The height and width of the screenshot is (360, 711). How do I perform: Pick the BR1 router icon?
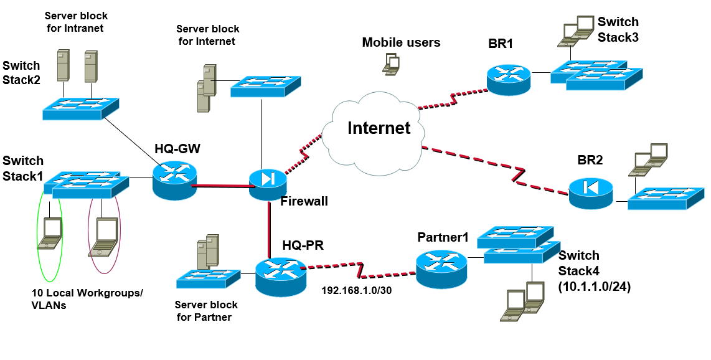pos(508,78)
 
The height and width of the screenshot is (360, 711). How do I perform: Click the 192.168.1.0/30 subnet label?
pos(356,290)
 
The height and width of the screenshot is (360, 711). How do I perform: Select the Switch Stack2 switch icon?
pos(80,108)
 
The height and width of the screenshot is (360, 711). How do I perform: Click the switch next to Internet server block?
pos(265,86)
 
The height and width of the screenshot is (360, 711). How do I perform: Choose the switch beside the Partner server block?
pos(209,278)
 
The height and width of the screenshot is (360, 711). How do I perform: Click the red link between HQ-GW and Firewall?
pos(220,185)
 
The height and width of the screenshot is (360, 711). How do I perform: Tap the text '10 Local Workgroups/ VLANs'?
pos(87,300)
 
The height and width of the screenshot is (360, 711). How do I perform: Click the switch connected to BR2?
pos(666,197)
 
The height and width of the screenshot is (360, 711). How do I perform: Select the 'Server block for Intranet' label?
pos(74,21)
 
